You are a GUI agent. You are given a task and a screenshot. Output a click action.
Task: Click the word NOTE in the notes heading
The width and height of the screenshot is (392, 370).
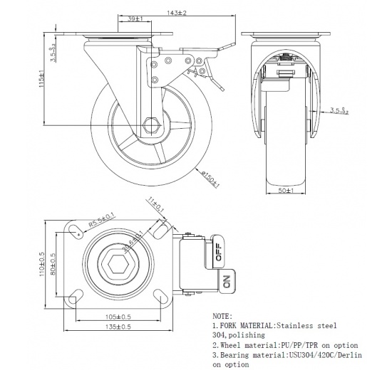click(223, 314)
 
